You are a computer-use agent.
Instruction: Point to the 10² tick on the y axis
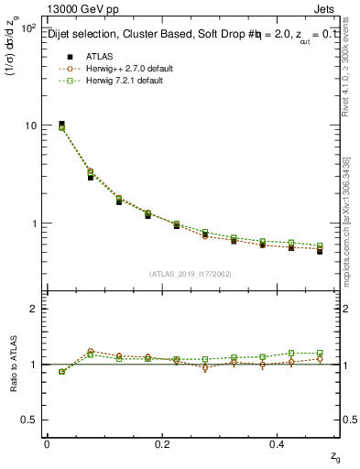(x=27, y=28)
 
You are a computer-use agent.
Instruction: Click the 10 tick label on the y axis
(x=31, y=125)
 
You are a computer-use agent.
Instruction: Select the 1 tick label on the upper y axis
(x=36, y=223)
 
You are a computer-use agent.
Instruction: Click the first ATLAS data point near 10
(x=61, y=124)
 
